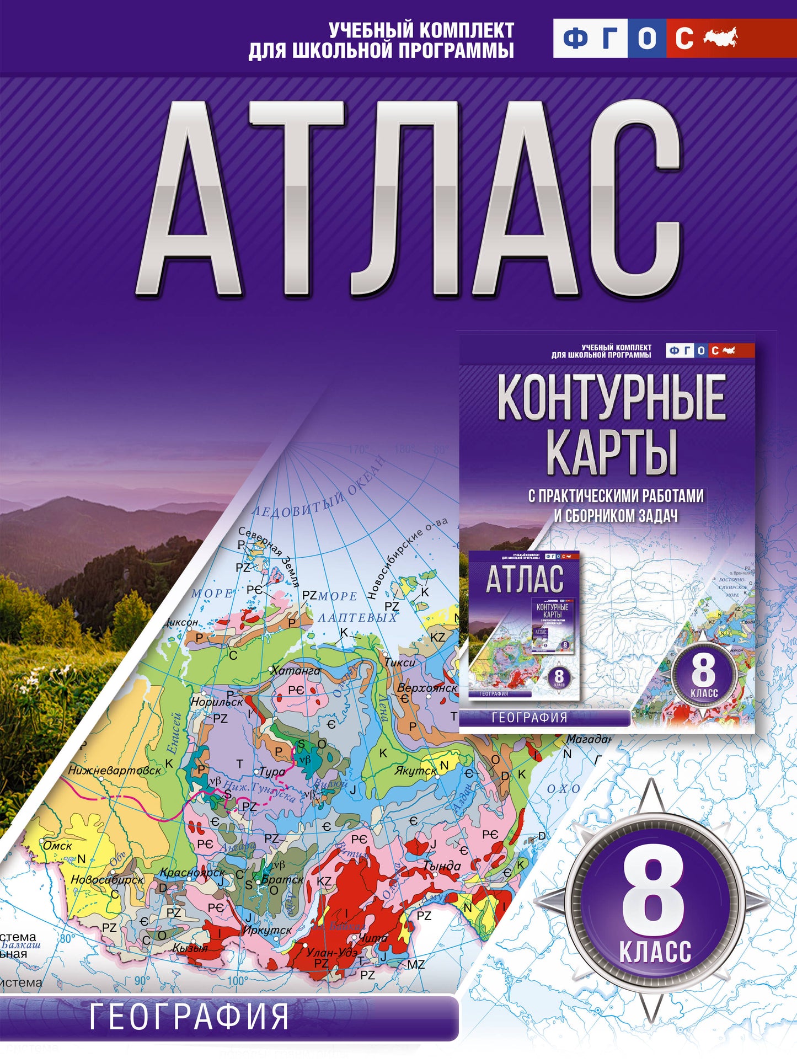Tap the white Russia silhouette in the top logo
pyautogui.click(x=720, y=38)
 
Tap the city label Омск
pyautogui.click(x=57, y=846)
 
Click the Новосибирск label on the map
pyautogui.click(x=107, y=880)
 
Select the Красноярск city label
pyautogui.click(x=192, y=873)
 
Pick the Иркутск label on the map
pyautogui.click(x=268, y=930)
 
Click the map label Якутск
pyautogui.click(x=415, y=771)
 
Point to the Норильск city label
pyautogui.click(x=217, y=702)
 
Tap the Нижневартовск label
pyautogui.click(x=115, y=770)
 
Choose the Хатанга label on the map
pyautogui.click(x=296, y=671)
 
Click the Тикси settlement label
pyautogui.click(x=400, y=663)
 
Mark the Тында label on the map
pyautogui.click(x=442, y=866)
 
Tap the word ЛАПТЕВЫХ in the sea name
pyautogui.click(x=357, y=617)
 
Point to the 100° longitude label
pyautogui.click(x=238, y=981)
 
